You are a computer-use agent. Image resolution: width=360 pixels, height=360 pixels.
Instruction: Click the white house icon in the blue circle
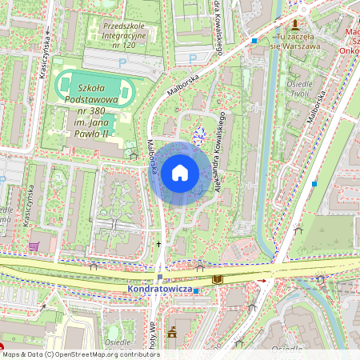tap(180, 173)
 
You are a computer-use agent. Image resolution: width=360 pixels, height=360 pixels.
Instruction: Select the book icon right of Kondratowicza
tap(218, 279)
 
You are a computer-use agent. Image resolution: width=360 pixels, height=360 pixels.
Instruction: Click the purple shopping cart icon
tap(34, 246)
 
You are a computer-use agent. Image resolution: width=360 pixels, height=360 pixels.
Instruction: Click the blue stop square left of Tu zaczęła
tap(254, 41)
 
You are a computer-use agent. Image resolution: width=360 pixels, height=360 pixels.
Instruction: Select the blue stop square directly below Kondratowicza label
tap(195, 290)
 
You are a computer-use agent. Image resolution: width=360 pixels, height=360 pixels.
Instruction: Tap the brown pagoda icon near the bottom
tap(170, 331)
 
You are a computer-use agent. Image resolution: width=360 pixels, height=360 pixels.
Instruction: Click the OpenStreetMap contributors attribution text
tap(80, 354)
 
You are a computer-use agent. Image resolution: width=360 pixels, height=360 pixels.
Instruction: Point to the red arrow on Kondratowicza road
tap(261, 281)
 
